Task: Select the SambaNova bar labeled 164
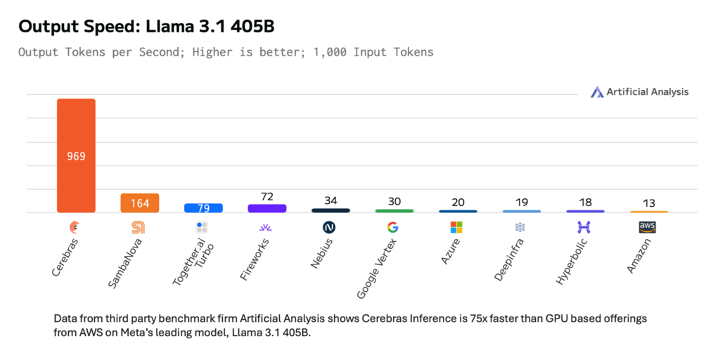(x=140, y=202)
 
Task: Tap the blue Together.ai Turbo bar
(x=203, y=208)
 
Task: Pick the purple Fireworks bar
(x=267, y=208)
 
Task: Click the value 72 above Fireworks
(x=267, y=197)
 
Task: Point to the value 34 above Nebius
(x=330, y=200)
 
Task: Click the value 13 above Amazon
(x=649, y=203)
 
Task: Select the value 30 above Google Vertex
(x=394, y=201)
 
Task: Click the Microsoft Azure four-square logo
(x=456, y=227)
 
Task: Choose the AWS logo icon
(x=647, y=227)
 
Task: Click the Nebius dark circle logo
(x=329, y=227)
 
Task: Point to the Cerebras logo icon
(x=75, y=227)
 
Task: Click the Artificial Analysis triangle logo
(x=597, y=92)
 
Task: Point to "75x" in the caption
(x=482, y=319)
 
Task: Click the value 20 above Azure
(x=458, y=202)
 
